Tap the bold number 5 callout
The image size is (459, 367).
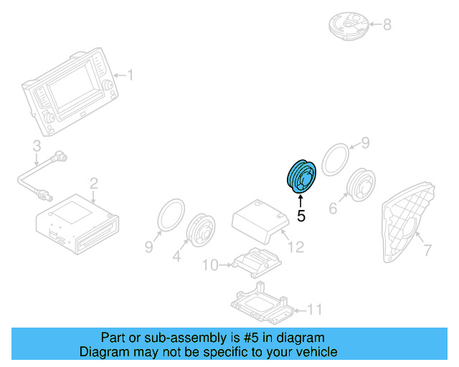click(301, 215)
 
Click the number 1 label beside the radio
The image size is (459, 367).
click(131, 75)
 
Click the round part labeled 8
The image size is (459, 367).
click(348, 25)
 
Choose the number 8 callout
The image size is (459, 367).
click(387, 26)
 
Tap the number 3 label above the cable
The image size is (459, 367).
click(36, 147)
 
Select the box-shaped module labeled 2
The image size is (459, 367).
click(75, 221)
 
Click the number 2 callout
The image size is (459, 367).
click(93, 185)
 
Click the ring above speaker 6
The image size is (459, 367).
click(334, 159)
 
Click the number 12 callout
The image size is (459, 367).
click(295, 247)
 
